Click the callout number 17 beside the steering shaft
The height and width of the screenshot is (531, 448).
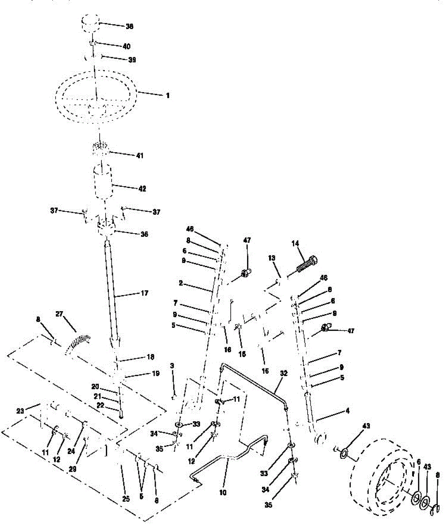pyautogui.click(x=144, y=293)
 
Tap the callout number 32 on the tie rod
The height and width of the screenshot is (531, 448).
pyautogui.click(x=284, y=373)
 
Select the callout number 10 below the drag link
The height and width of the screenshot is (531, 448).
pyautogui.click(x=223, y=492)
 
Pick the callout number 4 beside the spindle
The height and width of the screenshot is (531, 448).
pyautogui.click(x=348, y=411)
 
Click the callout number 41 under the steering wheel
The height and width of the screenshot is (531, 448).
pyautogui.click(x=140, y=156)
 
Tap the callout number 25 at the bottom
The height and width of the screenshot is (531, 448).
pyautogui.click(x=126, y=500)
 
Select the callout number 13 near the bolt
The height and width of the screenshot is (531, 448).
pyautogui.click(x=272, y=258)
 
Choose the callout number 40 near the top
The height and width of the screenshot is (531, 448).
pyautogui.click(x=127, y=46)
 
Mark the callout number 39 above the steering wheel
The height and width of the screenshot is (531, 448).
pyautogui.click(x=131, y=60)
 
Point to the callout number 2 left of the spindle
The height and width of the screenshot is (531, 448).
pyautogui.click(x=181, y=282)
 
